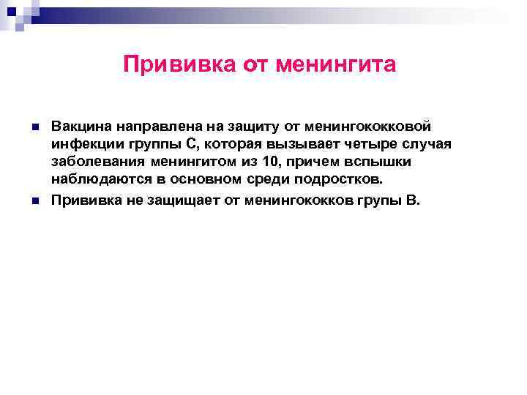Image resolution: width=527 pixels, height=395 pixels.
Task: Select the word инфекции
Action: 82,144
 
